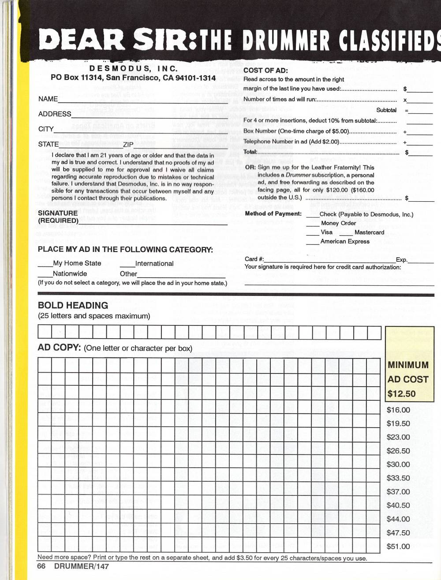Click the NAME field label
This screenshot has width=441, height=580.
pyautogui.click(x=48, y=99)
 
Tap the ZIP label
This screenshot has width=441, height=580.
pyautogui.click(x=128, y=144)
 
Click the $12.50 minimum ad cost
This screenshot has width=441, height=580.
pyautogui.click(x=401, y=394)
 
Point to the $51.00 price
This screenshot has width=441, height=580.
pyautogui.click(x=398, y=547)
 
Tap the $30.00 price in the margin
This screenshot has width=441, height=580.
pyautogui.click(x=398, y=465)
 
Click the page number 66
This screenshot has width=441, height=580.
pyautogui.click(x=41, y=566)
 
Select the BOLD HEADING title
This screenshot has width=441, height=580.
pyautogui.click(x=73, y=306)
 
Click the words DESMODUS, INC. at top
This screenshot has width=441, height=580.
pyautogui.click(x=133, y=69)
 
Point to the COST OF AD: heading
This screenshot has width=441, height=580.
pyautogui.click(x=265, y=70)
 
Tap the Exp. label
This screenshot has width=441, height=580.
pyautogui.click(x=401, y=260)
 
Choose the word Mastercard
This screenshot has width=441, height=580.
pyautogui.click(x=369, y=233)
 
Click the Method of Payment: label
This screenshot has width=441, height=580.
pyautogui.click(x=273, y=214)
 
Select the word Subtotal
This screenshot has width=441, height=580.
pyautogui.click(x=386, y=110)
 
